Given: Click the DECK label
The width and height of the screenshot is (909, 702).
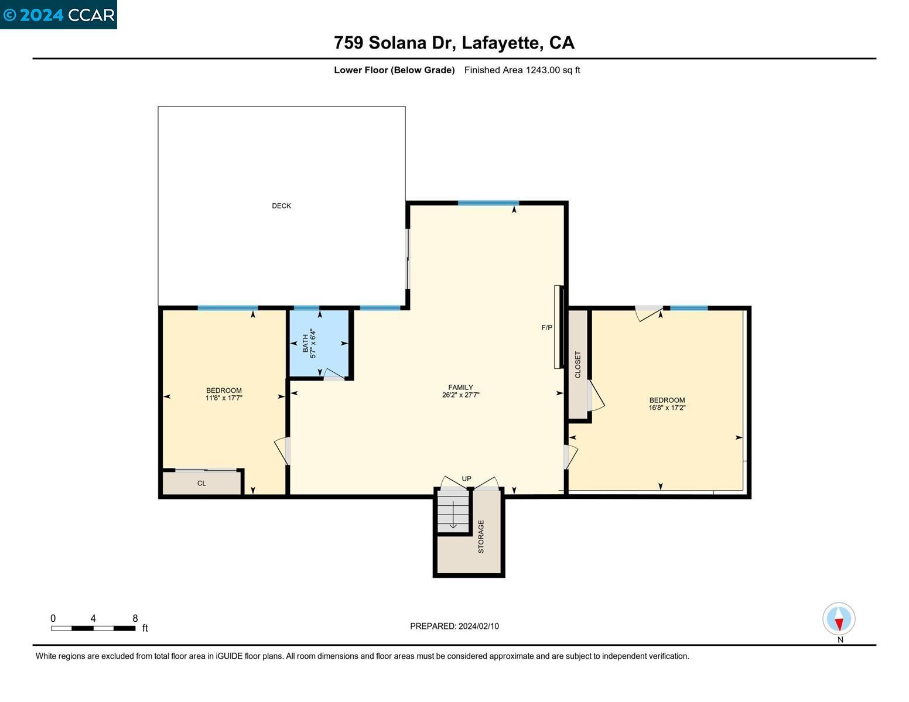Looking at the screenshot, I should click(x=281, y=206).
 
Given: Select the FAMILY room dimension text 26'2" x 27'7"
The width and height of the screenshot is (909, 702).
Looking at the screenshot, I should click(x=460, y=395).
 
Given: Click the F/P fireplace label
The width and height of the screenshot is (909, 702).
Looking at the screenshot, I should click(x=546, y=327).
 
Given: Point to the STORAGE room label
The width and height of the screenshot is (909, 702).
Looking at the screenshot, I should click(x=481, y=536).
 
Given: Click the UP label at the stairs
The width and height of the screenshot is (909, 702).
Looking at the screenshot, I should click(x=466, y=478).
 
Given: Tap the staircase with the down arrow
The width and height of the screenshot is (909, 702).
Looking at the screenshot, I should click(x=453, y=511).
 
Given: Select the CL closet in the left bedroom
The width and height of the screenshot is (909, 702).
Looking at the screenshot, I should click(x=201, y=483).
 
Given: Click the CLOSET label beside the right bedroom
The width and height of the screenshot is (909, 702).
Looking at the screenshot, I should click(x=577, y=364).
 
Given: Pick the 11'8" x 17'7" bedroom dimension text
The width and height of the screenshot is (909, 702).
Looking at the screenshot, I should click(x=224, y=398).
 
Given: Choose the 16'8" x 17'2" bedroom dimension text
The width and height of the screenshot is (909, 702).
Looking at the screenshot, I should click(x=667, y=407).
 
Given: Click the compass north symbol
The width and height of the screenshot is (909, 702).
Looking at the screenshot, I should click(x=839, y=619).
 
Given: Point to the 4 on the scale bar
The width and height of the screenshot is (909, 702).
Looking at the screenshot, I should click(x=93, y=618).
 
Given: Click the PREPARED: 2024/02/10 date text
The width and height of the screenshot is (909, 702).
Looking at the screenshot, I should click(x=454, y=626).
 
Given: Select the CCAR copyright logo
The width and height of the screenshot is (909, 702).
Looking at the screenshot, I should click(x=59, y=15).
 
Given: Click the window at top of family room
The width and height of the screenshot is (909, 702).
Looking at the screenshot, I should click(x=488, y=203).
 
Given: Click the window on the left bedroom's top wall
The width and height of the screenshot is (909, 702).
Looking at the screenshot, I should click(x=227, y=308).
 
